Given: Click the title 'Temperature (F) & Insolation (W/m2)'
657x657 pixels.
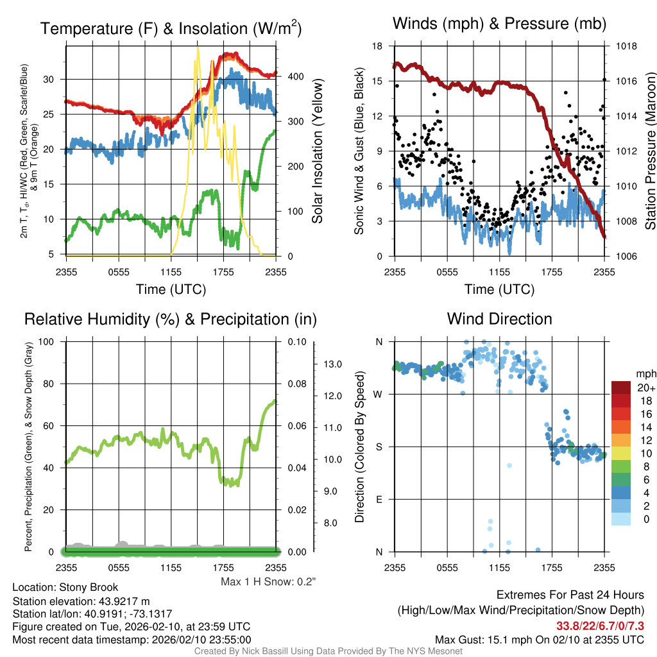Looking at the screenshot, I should [x=171, y=29].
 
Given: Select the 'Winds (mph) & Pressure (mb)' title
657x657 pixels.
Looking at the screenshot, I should [x=500, y=24].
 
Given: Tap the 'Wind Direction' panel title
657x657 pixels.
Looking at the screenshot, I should [x=499, y=319].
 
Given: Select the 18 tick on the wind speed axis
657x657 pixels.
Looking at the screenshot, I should [x=377, y=46].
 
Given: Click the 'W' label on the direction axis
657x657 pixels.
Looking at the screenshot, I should [x=379, y=394].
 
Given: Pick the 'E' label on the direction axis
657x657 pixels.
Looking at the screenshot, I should [x=379, y=499].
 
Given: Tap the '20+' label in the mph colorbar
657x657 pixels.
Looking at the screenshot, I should [x=645, y=388].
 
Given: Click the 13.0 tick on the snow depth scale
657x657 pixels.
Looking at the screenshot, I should [x=331, y=364].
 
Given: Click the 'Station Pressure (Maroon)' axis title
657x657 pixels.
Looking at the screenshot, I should [x=649, y=151].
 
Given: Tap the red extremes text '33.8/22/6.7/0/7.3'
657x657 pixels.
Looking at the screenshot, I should [x=601, y=625].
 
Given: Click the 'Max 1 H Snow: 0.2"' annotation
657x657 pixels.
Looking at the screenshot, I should [x=268, y=582].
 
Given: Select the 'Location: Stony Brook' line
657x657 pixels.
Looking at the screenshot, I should [x=65, y=588].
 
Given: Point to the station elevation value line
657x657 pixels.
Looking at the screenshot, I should [x=81, y=601].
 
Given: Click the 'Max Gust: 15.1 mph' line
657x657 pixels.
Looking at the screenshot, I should [x=539, y=640].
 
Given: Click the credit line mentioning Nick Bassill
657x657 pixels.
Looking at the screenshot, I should [x=328, y=651].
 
